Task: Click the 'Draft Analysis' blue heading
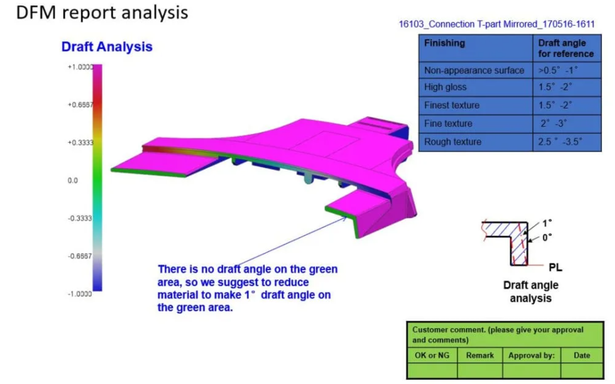pos(107,47)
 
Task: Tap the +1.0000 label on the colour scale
pos(80,67)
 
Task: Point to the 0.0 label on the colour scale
pos(73,180)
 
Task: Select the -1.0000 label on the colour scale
pos(80,294)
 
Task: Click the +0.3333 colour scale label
pos(80,143)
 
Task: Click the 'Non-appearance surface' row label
pos(474,70)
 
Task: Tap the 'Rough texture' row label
pos(453,142)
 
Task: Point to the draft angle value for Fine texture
pos(553,123)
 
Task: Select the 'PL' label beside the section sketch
pos(555,267)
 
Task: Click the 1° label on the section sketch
pos(547,223)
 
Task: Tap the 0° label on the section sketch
pos(547,237)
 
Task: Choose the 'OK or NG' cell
pos(432,355)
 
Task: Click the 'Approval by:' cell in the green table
pos(531,355)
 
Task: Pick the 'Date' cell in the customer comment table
pos(582,355)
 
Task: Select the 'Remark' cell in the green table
pos(480,355)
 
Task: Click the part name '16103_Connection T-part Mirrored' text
pos(468,24)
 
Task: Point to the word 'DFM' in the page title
pos(36,13)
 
